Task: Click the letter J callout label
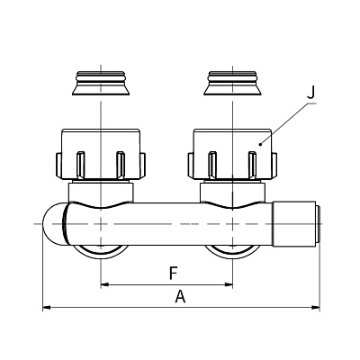click(x=311, y=93)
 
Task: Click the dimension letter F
click(x=173, y=274)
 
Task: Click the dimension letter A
click(x=180, y=296)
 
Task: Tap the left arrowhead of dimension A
click(x=47, y=307)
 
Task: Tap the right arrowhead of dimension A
click(x=316, y=307)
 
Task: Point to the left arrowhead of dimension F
click(x=104, y=284)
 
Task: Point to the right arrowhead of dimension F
click(x=229, y=284)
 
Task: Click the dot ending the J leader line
click(x=260, y=145)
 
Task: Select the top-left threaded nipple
click(x=101, y=84)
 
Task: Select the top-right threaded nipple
click(x=233, y=84)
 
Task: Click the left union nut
click(x=101, y=155)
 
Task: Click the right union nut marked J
click(x=233, y=155)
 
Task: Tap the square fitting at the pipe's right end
click(x=294, y=224)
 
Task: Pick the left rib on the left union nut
click(x=81, y=166)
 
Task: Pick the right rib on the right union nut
click(x=253, y=166)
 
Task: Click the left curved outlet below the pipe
click(x=101, y=251)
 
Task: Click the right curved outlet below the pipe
click(x=233, y=251)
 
